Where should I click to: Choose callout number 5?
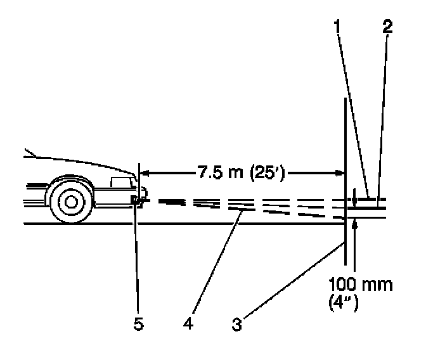coord(138,323)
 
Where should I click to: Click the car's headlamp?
coord(136,201)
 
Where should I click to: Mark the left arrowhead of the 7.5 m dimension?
coord(143,171)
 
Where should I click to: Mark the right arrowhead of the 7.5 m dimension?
coord(339,171)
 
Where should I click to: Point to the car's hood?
coord(76,162)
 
